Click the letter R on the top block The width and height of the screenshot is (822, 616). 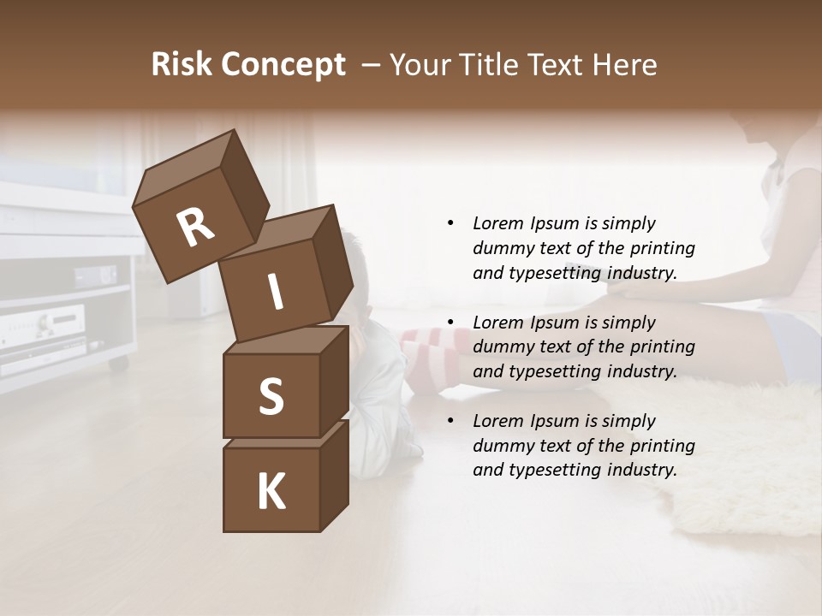pos(195,228)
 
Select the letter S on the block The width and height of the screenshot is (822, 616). pos(271,396)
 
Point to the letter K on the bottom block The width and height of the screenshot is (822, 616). pos(271,492)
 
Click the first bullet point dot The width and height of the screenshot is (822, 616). pos(450,223)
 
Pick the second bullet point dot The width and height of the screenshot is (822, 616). pos(450,323)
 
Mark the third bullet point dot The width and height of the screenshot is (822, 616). pos(450,421)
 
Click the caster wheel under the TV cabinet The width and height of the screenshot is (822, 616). pos(117,364)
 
